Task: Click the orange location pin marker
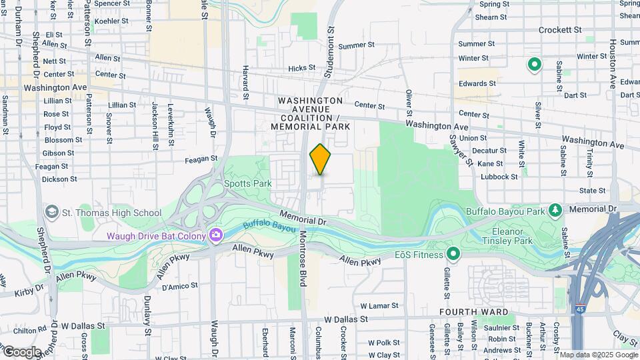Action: (x=320, y=159)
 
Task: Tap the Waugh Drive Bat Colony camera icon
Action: (x=215, y=235)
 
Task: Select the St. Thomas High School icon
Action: (x=51, y=213)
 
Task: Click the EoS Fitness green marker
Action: (x=454, y=254)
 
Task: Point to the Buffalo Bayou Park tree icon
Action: (x=555, y=211)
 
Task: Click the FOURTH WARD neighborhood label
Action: (x=474, y=312)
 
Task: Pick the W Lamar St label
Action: (x=379, y=305)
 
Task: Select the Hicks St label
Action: (x=301, y=69)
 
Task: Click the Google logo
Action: (x=21, y=351)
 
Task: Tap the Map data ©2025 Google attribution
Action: (x=598, y=355)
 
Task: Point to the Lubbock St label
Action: (x=500, y=177)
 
